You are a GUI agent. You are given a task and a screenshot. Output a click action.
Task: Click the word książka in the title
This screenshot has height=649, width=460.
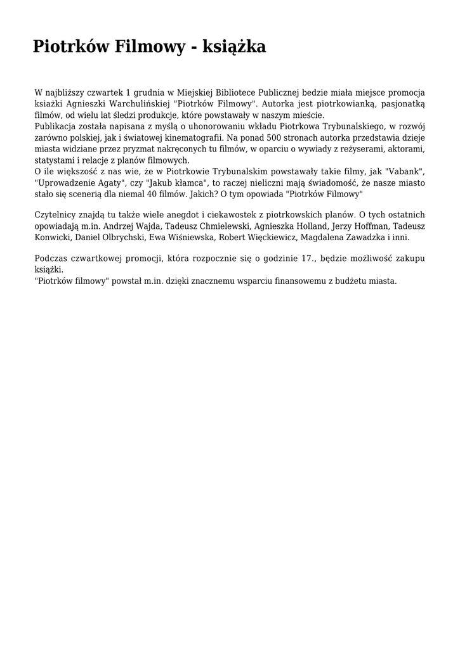234,47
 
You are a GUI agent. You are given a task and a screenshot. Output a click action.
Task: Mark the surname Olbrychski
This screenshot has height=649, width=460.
121,238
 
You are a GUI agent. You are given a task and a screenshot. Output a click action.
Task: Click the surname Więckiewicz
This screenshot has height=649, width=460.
266,238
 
